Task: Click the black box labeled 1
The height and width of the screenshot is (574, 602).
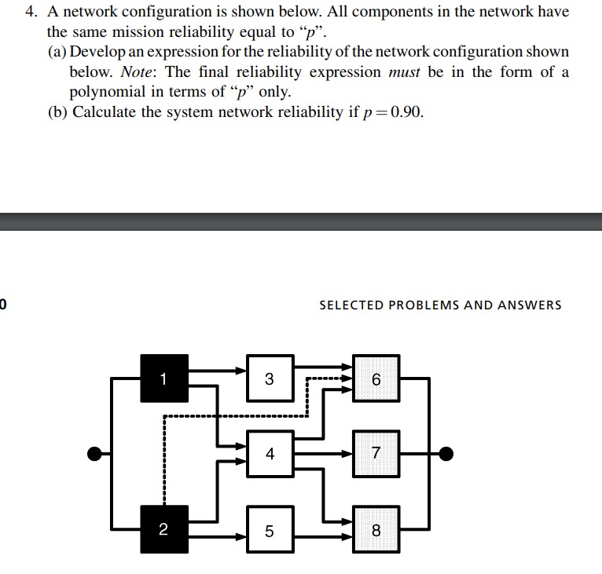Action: (164, 378)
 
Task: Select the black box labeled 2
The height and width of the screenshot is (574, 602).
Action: (164, 530)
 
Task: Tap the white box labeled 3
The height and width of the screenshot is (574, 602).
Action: (270, 379)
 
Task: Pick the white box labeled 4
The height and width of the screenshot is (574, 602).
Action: (270, 453)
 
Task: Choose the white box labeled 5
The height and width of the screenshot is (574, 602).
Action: (270, 531)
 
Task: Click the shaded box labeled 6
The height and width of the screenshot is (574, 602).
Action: (376, 379)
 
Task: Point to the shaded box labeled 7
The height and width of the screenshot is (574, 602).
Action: (376, 453)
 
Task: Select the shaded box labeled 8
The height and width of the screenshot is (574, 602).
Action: (376, 531)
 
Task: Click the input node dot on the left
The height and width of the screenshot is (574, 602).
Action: (94, 453)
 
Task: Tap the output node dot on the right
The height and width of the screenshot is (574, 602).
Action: (446, 453)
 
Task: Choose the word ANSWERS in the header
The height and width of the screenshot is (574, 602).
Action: (530, 305)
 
